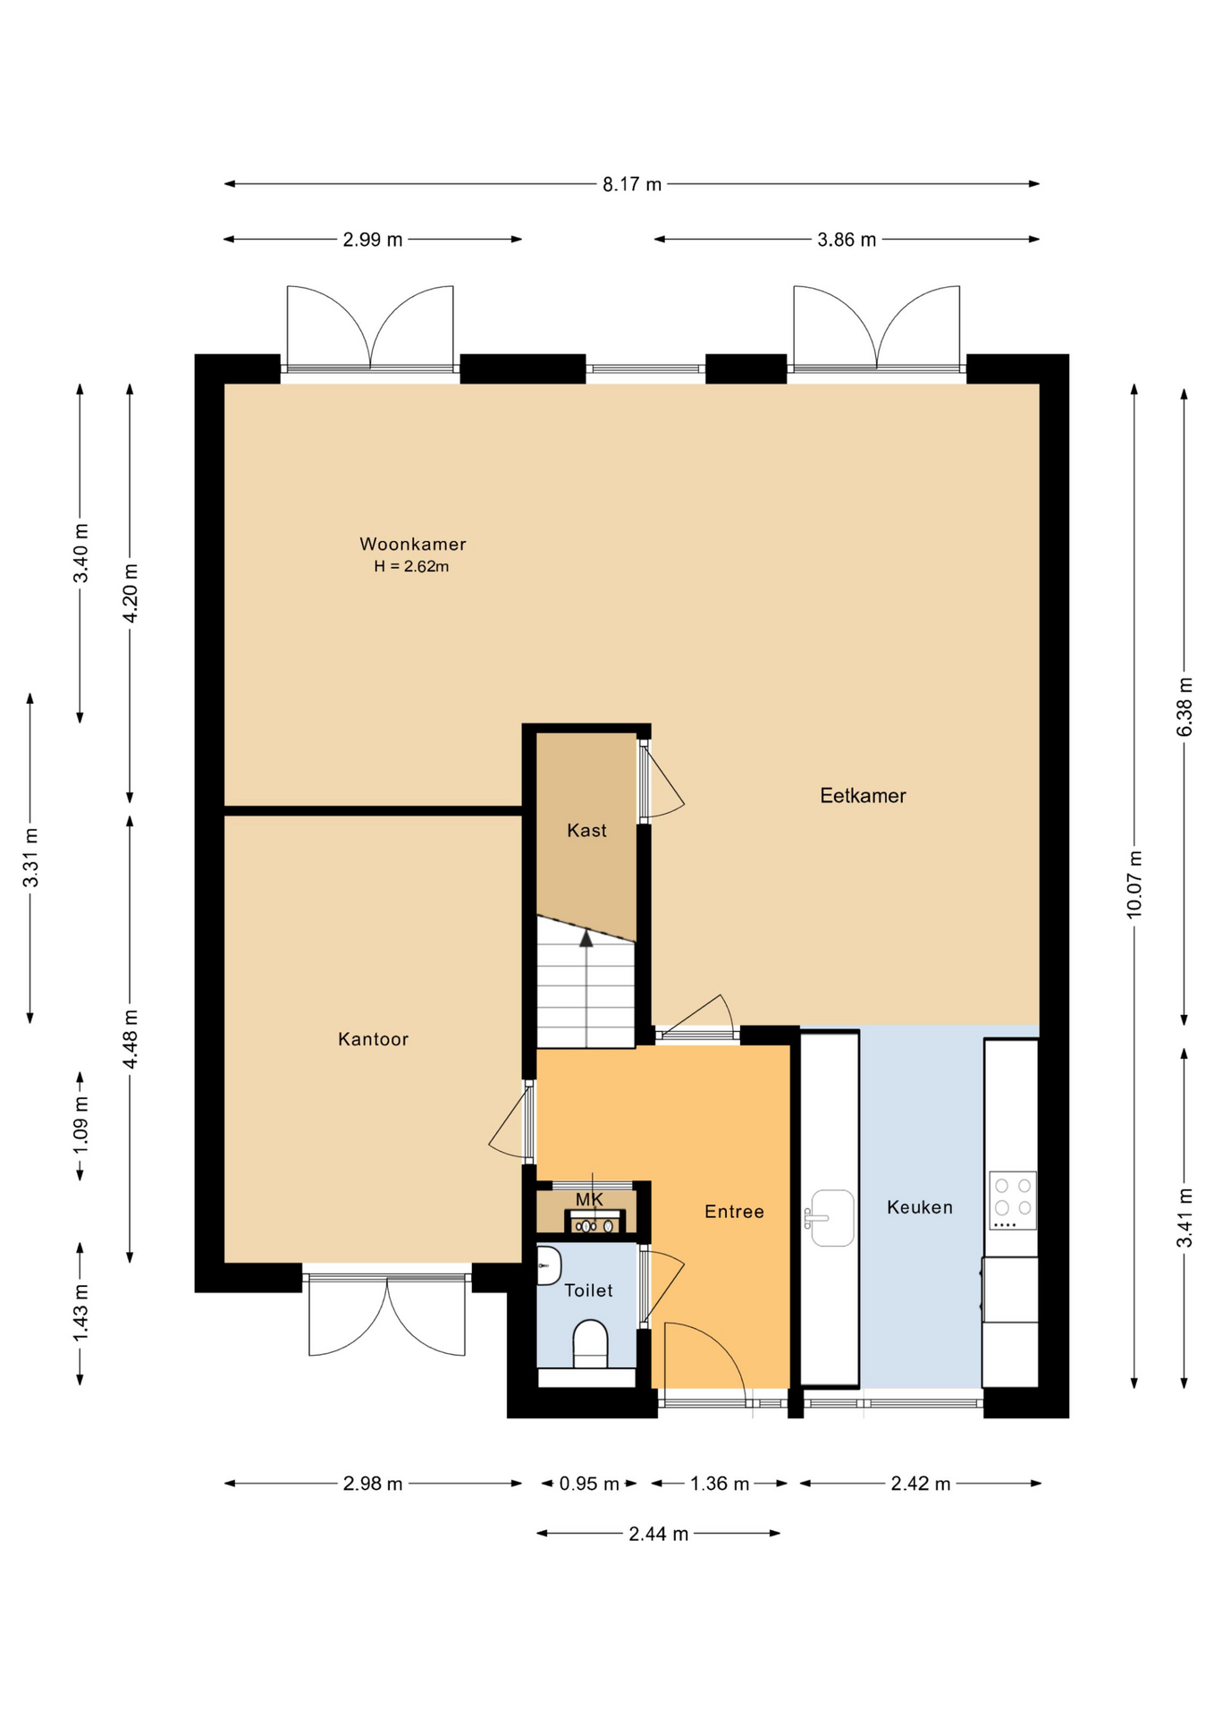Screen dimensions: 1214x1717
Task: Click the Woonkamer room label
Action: tap(413, 544)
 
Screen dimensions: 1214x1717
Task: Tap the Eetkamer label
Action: tap(863, 795)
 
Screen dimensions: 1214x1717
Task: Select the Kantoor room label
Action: tap(373, 1039)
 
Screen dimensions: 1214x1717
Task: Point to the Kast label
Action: tap(586, 831)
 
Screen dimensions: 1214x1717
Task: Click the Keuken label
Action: tap(920, 1207)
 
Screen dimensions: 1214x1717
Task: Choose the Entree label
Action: tap(734, 1212)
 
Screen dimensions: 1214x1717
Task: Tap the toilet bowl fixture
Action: tap(590, 1343)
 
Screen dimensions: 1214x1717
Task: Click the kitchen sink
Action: tap(830, 1218)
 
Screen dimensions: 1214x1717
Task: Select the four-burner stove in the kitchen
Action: tap(1013, 1200)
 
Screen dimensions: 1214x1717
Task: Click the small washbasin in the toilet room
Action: tap(548, 1265)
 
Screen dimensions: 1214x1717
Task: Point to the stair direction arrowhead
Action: tap(586, 938)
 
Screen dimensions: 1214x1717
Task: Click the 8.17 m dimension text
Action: tap(632, 184)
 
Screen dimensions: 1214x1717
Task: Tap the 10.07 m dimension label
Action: tap(1134, 884)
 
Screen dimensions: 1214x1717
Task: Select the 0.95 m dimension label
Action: tap(589, 1484)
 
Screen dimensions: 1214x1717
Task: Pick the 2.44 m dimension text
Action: tap(659, 1534)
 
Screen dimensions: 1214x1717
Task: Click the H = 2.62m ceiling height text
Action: tap(411, 566)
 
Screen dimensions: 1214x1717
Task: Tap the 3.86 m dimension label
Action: tap(847, 240)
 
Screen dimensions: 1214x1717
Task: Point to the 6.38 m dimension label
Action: tap(1184, 707)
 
